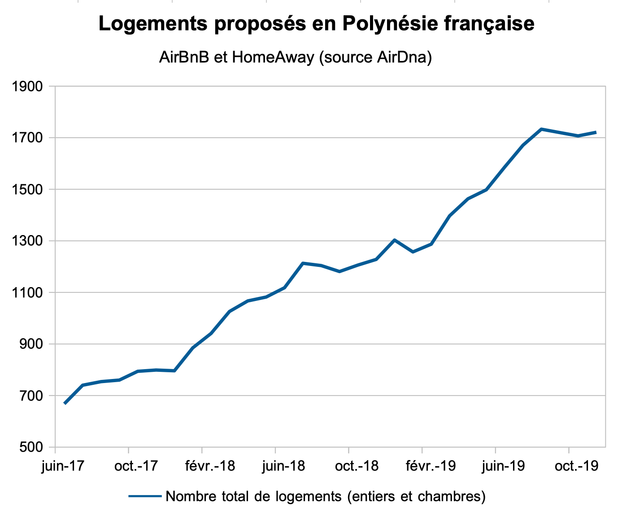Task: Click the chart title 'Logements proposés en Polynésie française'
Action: (x=316, y=23)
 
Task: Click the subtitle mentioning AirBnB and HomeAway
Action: (x=295, y=57)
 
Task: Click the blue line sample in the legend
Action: (x=145, y=497)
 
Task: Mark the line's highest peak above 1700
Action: (x=542, y=129)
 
